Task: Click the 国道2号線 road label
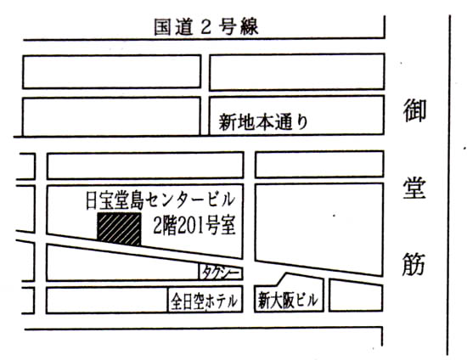(x=206, y=27)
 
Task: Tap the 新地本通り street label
(x=263, y=122)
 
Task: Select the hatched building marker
(x=119, y=229)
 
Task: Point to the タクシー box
(x=221, y=273)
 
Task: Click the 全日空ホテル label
(x=205, y=301)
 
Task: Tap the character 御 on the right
(x=414, y=110)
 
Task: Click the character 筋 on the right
(x=414, y=264)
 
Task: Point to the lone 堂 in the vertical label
(x=414, y=188)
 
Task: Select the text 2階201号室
(x=194, y=225)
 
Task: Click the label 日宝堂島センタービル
(x=160, y=201)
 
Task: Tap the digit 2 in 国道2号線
(x=205, y=28)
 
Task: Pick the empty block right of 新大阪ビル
(x=356, y=295)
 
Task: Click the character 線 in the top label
(x=249, y=27)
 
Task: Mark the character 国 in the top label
(x=163, y=27)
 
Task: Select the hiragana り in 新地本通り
(x=302, y=122)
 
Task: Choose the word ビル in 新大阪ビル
(x=307, y=301)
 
